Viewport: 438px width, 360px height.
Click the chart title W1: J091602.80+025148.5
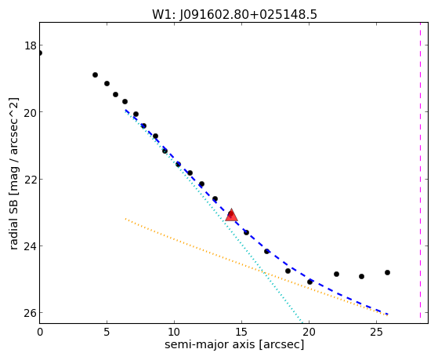234,14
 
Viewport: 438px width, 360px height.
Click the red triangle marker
231,215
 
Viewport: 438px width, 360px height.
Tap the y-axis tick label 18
30,45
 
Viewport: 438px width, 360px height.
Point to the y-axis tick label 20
30,112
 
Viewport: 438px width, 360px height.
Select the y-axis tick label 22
30,180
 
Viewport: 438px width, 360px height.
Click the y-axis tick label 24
30,246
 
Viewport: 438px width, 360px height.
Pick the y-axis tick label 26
30,313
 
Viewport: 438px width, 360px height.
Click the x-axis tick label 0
40,332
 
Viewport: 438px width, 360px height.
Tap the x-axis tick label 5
107,332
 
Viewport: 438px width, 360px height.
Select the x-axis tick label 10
174,332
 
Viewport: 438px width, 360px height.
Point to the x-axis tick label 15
241,332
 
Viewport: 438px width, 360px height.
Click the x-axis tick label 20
309,332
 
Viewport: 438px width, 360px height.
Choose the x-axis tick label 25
377,332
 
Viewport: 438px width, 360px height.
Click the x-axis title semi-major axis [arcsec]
234,344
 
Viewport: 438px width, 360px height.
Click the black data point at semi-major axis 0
40,53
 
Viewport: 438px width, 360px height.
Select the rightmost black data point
387,272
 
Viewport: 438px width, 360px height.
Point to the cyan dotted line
213,216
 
